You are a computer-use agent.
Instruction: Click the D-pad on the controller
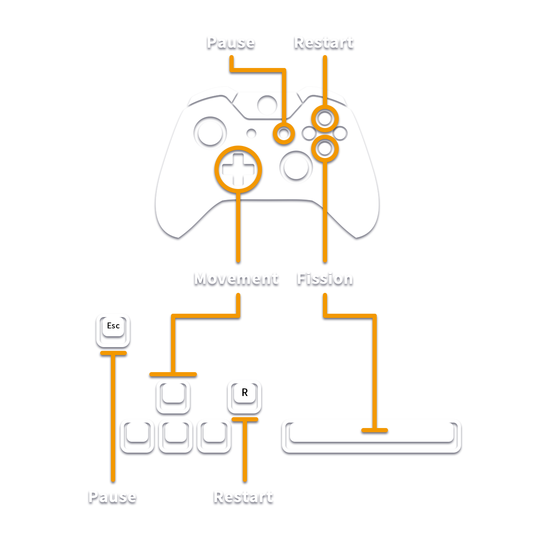238,169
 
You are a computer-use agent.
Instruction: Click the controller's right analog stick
296,167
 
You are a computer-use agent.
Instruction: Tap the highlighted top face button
325,119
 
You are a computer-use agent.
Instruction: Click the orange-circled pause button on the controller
284,133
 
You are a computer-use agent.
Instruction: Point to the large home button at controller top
267,105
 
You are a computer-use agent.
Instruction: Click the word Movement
236,278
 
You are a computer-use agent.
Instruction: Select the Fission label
325,278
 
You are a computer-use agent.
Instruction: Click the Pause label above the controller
231,42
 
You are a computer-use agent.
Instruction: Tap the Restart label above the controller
324,42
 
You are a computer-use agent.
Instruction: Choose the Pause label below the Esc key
113,496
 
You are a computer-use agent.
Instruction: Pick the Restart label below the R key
243,496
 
